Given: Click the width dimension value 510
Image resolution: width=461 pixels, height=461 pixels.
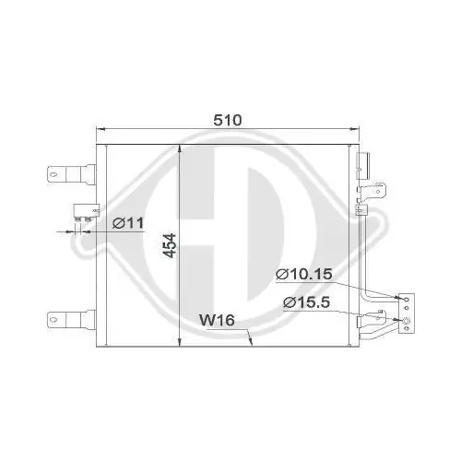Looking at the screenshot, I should (228, 121).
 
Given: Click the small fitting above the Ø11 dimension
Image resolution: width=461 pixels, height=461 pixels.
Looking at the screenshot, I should (84, 210).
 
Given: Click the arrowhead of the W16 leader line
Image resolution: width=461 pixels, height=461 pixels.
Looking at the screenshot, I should (250, 340).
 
